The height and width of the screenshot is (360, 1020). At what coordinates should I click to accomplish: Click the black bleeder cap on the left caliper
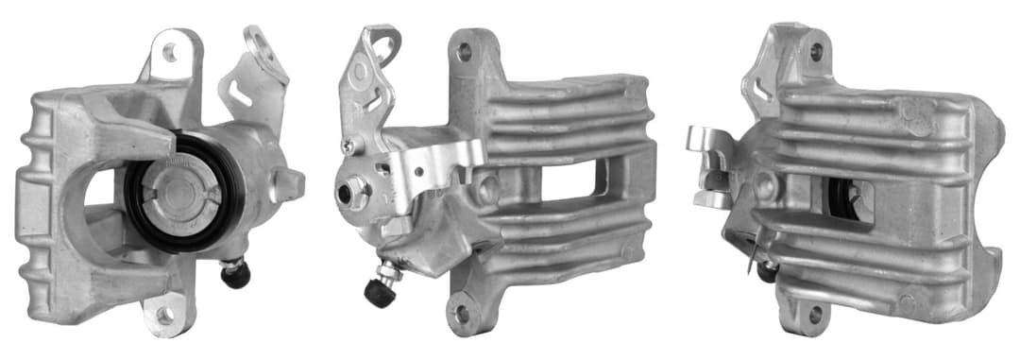click(236, 275)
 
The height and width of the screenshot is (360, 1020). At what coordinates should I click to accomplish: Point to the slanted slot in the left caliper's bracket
click(242, 94)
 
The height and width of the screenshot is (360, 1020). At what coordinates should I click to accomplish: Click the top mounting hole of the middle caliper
click(464, 53)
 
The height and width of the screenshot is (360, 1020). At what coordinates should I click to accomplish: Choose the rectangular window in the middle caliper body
click(570, 179)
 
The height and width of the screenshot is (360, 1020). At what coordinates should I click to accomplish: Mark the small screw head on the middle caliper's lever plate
click(348, 146)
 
